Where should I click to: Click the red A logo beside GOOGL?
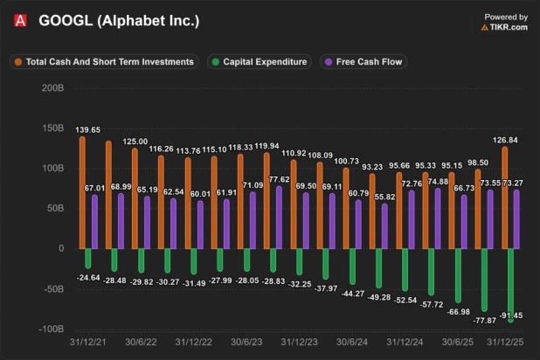(20, 21)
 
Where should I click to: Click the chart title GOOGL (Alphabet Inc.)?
(119, 21)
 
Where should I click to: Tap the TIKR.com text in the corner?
(509, 27)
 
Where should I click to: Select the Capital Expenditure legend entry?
(260, 62)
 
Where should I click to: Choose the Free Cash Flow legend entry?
(363, 62)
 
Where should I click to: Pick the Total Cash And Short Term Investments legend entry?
(104, 62)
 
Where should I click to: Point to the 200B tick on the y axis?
(52, 88)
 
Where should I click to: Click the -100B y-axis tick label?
(52, 329)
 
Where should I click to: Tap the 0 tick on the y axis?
(61, 248)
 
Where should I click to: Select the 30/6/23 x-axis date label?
(246, 342)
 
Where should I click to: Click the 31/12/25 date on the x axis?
(505, 342)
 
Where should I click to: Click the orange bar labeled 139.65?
(82, 192)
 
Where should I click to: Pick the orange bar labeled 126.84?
(504, 197)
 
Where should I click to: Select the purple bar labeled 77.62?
(279, 218)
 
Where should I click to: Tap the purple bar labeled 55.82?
(384, 226)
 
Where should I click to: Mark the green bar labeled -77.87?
(484, 280)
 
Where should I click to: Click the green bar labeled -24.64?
(88, 259)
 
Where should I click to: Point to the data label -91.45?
(510, 315)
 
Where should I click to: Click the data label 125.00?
(135, 142)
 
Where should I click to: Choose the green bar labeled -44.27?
(352, 267)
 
